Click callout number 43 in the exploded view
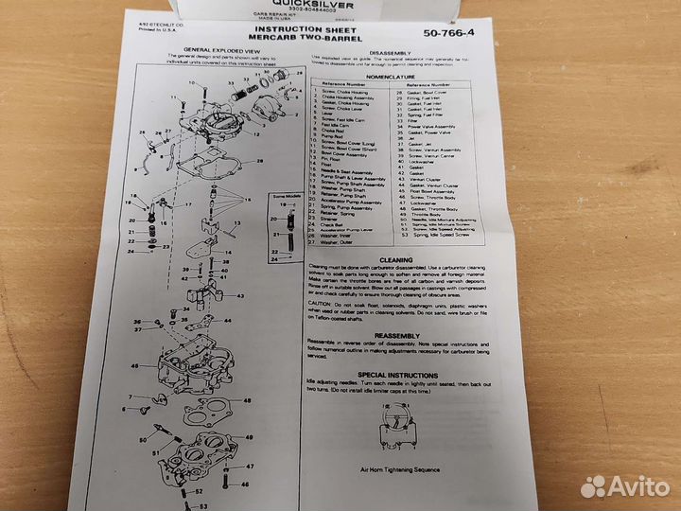coord(240,296)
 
